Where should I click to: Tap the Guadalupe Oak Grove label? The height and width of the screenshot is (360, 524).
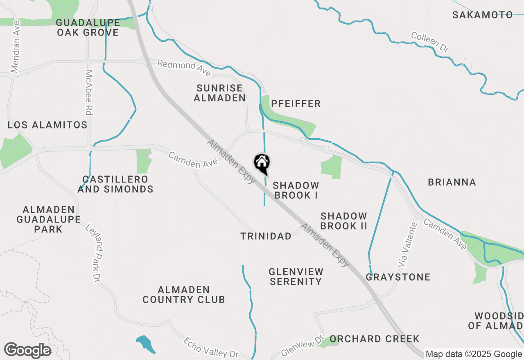pos(88,27)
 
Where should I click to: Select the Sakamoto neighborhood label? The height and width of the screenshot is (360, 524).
pos(482,15)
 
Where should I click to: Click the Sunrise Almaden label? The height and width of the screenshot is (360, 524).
pos(219,93)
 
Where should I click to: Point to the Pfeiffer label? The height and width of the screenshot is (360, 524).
pos(296,104)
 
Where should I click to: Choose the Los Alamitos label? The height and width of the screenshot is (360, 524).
pos(47,125)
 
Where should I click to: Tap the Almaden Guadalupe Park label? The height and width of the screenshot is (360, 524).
pos(49,219)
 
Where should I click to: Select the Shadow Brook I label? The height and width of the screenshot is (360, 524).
pos(296,190)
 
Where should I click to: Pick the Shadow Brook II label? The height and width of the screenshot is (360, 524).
pos(344,221)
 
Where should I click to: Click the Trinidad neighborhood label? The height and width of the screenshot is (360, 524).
pos(266,236)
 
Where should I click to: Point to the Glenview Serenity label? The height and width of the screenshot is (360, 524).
pos(296,277)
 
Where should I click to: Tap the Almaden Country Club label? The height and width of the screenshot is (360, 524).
pos(184,295)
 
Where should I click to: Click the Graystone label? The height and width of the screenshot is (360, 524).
pos(398,277)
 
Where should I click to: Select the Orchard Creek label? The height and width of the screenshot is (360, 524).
pos(374,339)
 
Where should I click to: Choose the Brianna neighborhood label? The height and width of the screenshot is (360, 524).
pos(452,182)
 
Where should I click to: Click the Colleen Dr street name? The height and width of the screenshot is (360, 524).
pos(430,42)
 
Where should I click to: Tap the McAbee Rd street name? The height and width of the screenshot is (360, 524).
pos(88,92)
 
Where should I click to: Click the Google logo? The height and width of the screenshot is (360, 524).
pos(27,351)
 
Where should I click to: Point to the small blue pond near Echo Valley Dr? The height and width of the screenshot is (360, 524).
pos(146,344)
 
